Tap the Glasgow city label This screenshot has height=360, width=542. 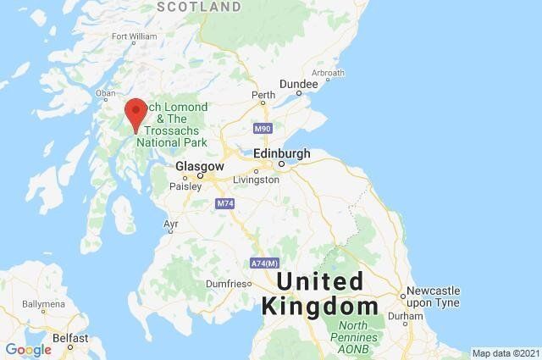pos(200,167)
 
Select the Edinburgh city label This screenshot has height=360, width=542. pos(282,154)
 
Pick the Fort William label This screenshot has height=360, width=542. pos(134,36)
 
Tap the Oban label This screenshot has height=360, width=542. pos(106,93)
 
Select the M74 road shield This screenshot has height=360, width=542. pos(224,204)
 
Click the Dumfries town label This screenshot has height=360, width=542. pos(227,284)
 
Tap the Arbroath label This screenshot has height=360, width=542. pos(328,74)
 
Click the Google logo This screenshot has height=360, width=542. pos(28,349)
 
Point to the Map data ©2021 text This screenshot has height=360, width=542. pos(505,353)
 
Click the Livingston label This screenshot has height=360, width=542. pos(256,180)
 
